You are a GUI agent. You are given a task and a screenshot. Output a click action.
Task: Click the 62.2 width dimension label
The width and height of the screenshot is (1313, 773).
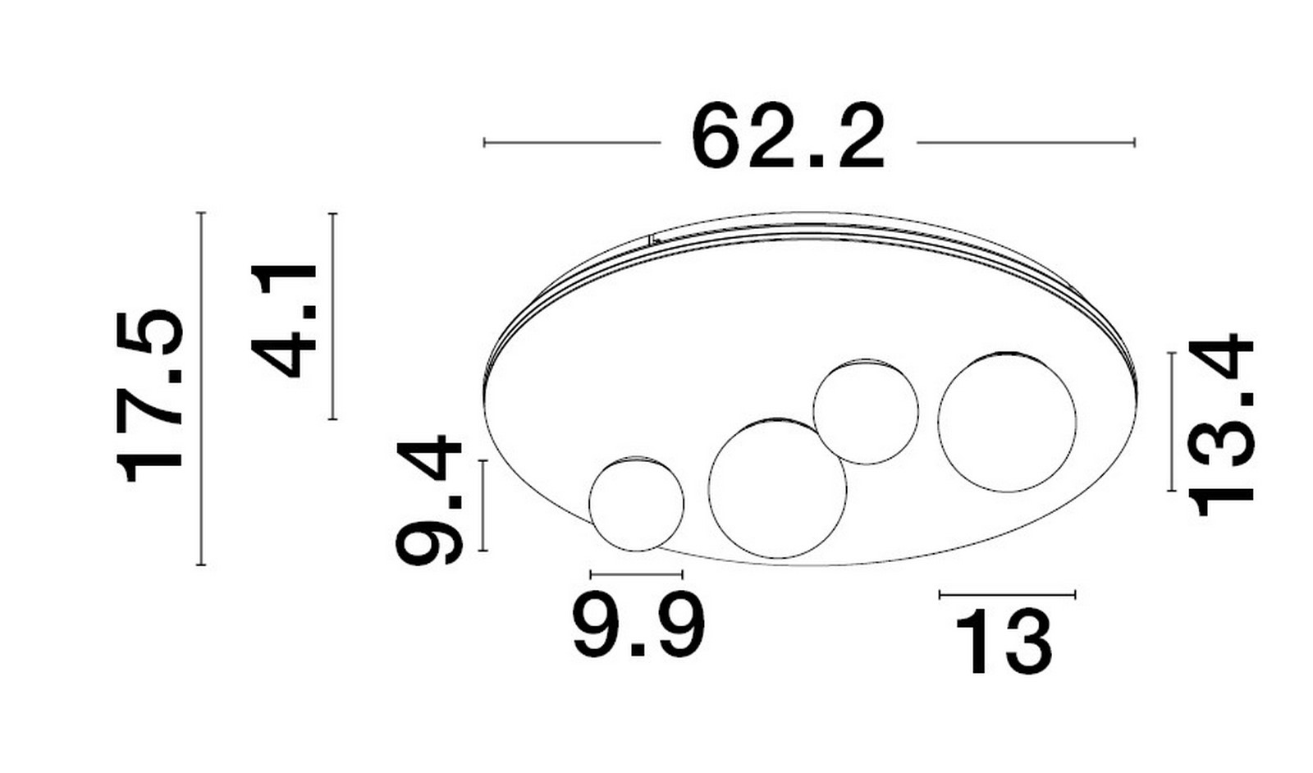pyautogui.click(x=788, y=137)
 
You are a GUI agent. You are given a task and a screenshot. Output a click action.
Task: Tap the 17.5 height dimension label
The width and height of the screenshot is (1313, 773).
pyautogui.click(x=150, y=396)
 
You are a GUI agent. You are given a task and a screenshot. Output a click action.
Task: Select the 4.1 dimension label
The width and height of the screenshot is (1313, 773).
pyautogui.click(x=284, y=321)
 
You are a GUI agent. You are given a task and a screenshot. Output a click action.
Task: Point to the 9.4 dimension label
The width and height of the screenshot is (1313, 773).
pyautogui.click(x=429, y=500)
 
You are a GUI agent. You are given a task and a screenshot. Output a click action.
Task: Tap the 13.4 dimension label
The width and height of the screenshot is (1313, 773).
pyautogui.click(x=1220, y=425)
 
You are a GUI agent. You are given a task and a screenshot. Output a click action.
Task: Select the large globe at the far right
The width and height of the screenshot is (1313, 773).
pyautogui.click(x=1007, y=422)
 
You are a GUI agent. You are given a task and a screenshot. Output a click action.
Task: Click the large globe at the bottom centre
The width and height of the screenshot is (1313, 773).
pyautogui.click(x=778, y=489)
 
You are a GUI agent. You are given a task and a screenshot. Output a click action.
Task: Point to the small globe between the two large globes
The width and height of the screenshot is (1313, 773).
pyautogui.click(x=866, y=412)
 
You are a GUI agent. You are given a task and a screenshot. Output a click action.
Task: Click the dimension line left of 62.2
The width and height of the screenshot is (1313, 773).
pyautogui.click(x=572, y=143)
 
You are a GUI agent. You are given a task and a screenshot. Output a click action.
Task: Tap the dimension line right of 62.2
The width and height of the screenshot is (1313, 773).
pyautogui.click(x=1027, y=143)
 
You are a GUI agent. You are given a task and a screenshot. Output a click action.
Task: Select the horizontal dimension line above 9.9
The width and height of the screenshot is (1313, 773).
pyautogui.click(x=637, y=574)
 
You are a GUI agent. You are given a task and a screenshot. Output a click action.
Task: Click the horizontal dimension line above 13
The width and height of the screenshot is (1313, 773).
pyautogui.click(x=1007, y=595)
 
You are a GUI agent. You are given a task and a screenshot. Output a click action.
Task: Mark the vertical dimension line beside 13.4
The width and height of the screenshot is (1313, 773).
pyautogui.click(x=1172, y=422)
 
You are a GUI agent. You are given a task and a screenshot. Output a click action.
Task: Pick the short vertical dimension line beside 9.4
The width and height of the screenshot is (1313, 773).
pyautogui.click(x=483, y=505)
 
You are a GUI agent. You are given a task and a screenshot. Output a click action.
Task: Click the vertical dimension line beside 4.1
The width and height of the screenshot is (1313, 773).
pyautogui.click(x=333, y=317)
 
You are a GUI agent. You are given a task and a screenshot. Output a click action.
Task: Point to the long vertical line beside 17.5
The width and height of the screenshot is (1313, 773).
pyautogui.click(x=201, y=388)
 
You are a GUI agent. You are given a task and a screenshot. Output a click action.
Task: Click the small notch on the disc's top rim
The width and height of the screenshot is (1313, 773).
pyautogui.click(x=652, y=239)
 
